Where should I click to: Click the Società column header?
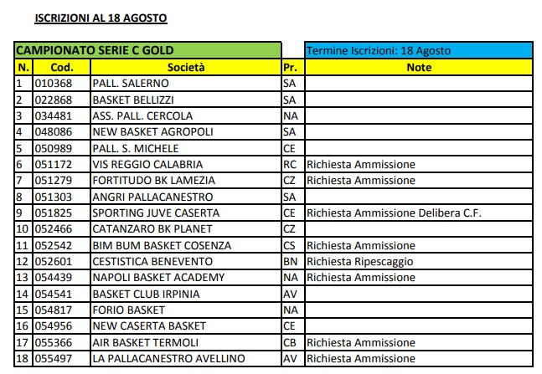pyautogui.click(x=185, y=67)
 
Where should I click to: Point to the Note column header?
pyautogui.click(x=418, y=67)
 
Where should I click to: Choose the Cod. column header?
pyautogui.click(x=61, y=67)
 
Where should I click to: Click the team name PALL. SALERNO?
pyautogui.click(x=131, y=84)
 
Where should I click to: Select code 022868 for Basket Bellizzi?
pyautogui.click(x=53, y=100)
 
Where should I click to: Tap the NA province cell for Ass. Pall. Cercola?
pyautogui.click(x=291, y=115)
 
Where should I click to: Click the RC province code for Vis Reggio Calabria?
pyautogui.click(x=291, y=164)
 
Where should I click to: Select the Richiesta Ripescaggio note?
pyautogui.click(x=360, y=261)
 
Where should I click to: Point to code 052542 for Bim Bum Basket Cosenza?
pyautogui.click(x=53, y=245)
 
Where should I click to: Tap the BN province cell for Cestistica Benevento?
pyautogui.click(x=291, y=261)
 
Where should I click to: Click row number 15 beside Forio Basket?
pyautogui.click(x=23, y=310)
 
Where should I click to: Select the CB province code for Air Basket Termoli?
pyautogui.click(x=291, y=342)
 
